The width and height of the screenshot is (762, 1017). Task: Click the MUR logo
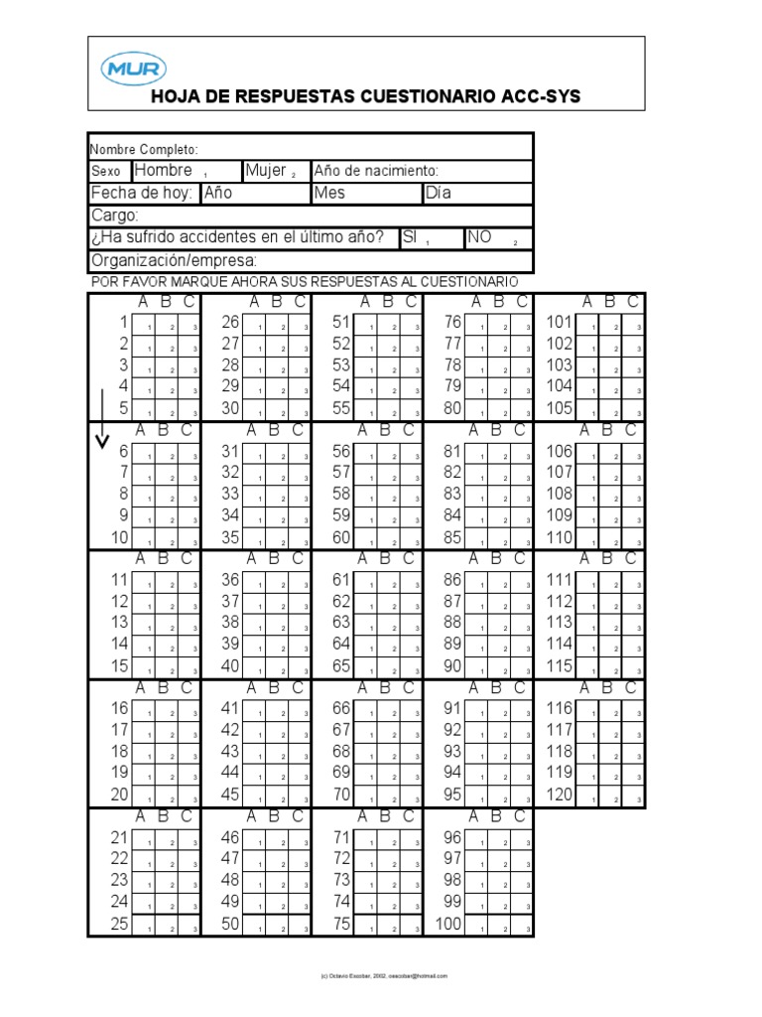[x=134, y=69]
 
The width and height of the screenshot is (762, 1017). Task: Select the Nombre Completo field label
[x=145, y=149]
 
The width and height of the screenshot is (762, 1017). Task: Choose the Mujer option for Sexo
[x=266, y=171]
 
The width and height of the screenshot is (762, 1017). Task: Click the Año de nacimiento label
[x=376, y=171]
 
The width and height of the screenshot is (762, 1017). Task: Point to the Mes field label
[x=329, y=194]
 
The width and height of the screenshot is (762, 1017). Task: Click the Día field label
[x=438, y=194]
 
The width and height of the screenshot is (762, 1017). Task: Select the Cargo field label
[x=115, y=216]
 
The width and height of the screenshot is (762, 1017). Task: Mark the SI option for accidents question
[x=409, y=238]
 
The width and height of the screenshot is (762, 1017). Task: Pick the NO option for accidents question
[x=480, y=238]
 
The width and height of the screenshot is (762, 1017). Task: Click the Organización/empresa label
[x=175, y=260]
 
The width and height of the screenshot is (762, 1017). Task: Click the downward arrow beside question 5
[x=100, y=421]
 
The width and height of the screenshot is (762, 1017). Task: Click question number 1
[x=124, y=322]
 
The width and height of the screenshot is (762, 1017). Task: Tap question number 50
[x=230, y=924]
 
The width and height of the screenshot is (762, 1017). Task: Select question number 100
[x=449, y=924]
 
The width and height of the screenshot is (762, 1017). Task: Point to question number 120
[x=560, y=794]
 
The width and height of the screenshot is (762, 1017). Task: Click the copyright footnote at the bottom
[x=380, y=976]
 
